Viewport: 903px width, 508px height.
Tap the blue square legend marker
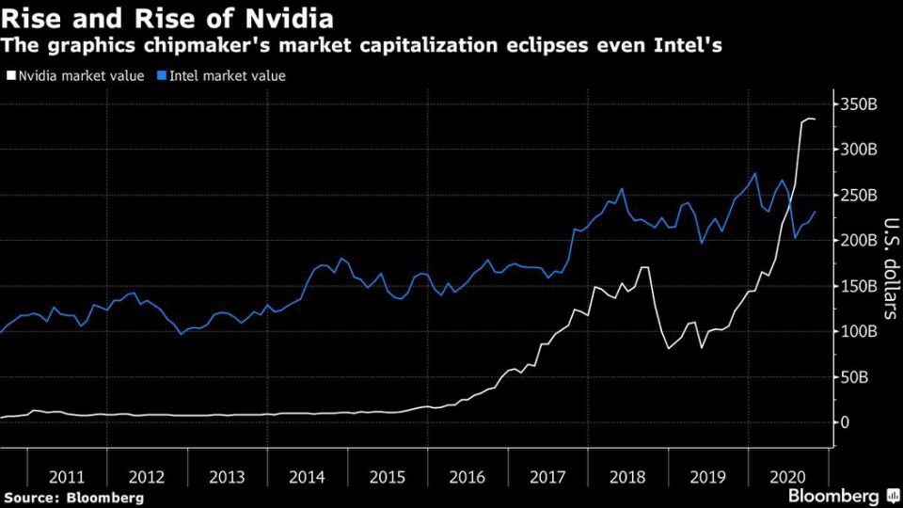(x=163, y=76)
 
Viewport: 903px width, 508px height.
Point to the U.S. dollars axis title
(x=889, y=269)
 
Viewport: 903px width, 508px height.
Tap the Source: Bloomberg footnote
(x=74, y=496)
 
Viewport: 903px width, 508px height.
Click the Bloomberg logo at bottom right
(x=841, y=495)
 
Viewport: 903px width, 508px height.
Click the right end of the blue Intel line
(x=816, y=213)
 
